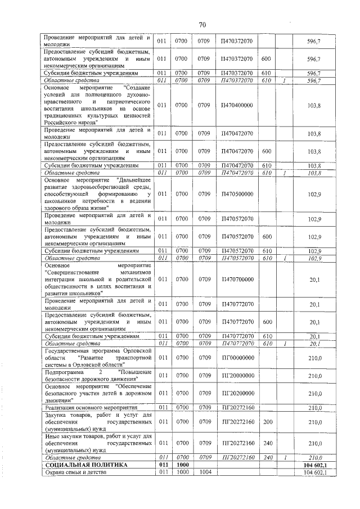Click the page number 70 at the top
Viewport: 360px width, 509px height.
203,24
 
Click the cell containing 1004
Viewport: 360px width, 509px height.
204,472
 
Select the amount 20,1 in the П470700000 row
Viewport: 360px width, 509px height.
315,278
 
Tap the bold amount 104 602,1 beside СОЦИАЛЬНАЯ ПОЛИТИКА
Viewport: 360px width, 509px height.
315,465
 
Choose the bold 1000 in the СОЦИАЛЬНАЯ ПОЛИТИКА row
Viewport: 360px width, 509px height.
181,465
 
